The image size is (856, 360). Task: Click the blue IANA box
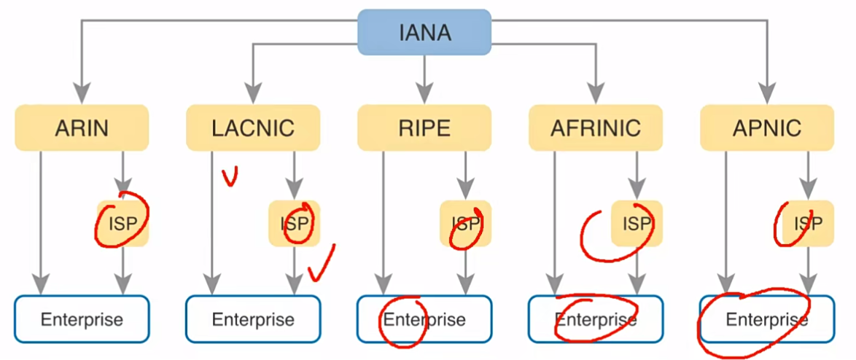point(424,32)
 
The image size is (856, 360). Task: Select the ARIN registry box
point(82,128)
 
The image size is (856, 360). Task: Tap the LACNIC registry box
point(253,128)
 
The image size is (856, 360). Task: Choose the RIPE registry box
point(424,128)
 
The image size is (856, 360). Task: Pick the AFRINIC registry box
point(596,128)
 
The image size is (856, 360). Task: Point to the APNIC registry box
point(767,128)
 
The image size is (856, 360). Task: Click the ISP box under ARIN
point(122,223)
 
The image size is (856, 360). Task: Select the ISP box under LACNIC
point(294,223)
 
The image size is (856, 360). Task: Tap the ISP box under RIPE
point(465,223)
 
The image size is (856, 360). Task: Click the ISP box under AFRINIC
point(637,223)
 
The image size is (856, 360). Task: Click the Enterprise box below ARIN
point(82,318)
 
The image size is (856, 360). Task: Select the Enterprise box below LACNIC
point(253,318)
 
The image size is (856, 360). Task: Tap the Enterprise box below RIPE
point(424,318)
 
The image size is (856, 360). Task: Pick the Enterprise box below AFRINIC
point(596,318)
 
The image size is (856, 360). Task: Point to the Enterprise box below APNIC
point(767,318)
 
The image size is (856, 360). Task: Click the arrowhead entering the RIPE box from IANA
point(424,96)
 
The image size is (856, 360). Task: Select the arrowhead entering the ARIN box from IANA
point(82,96)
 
